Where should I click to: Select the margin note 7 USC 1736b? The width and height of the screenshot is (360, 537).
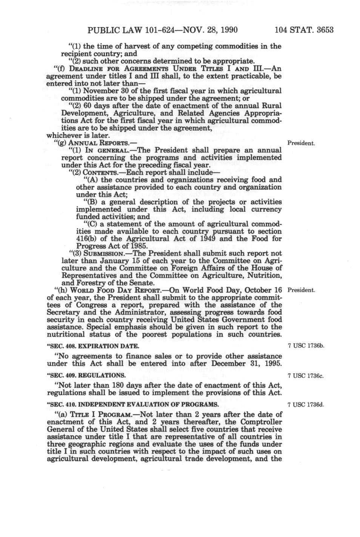[x=306, y=346]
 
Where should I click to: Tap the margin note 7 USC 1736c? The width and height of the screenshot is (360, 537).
[x=306, y=376]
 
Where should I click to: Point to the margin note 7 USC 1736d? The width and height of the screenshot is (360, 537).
[x=306, y=405]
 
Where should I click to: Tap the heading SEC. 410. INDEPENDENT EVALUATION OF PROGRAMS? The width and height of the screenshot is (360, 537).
[x=132, y=405]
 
